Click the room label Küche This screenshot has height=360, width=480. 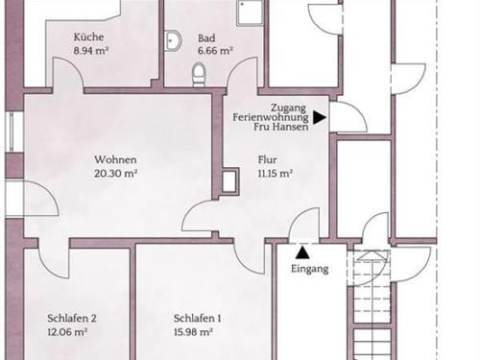89,37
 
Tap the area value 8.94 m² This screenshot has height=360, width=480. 91,51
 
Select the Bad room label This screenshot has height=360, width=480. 206,38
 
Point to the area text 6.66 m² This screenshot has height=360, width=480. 215,51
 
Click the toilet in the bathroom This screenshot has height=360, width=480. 199,74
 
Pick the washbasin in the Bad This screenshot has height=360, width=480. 173,40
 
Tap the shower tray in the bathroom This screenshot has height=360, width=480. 250,12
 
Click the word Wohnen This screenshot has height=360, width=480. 115,159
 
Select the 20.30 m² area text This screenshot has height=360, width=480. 116,174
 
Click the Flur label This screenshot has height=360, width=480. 267,159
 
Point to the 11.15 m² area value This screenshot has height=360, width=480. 276,174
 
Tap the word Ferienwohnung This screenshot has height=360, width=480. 271,117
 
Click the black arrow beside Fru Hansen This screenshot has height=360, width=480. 320,117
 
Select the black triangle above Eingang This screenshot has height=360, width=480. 302,252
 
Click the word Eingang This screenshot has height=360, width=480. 310,269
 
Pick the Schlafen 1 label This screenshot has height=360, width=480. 197,319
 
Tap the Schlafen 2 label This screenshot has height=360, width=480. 72,319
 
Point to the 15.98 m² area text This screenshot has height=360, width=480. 193,332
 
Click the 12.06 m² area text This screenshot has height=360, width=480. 67,332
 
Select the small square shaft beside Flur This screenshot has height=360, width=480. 229,181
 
